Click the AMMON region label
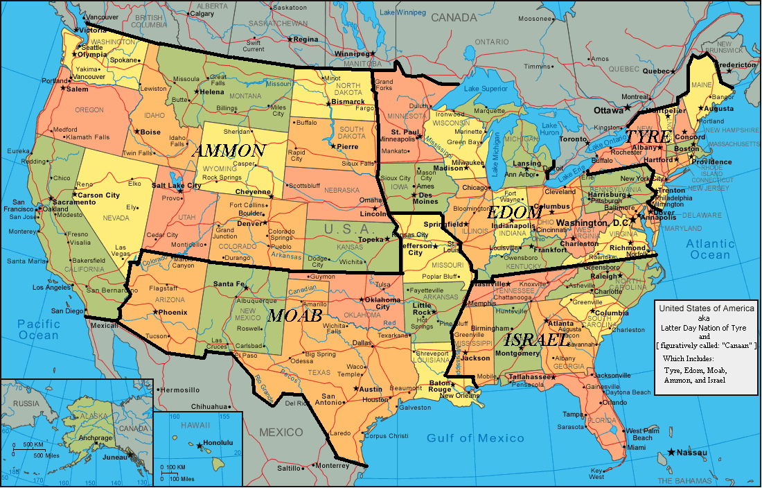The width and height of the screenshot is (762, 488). click(230, 150)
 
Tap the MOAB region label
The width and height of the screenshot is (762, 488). click(294, 316)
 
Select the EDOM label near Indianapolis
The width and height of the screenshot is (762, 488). click(513, 214)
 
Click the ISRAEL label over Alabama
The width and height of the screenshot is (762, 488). click(537, 340)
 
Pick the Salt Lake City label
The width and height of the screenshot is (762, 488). click(177, 186)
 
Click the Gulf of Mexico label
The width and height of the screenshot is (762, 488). click(475, 437)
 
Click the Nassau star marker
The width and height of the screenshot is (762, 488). click(671, 453)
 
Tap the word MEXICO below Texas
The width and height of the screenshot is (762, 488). click(281, 433)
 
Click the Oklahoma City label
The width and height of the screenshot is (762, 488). click(382, 303)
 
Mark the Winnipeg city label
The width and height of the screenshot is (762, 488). click(352, 53)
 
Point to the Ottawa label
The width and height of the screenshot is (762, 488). click(609, 110)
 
